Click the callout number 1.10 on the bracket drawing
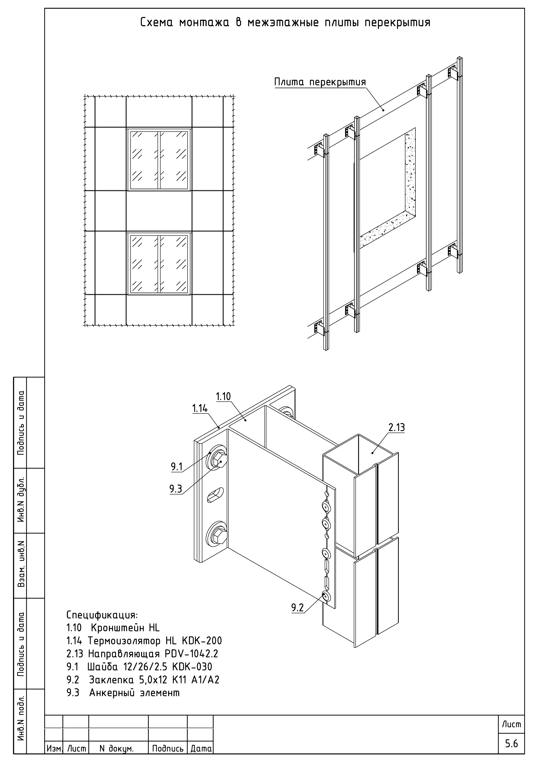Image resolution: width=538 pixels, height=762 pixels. (223, 396)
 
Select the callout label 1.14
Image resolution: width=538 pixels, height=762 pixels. (200, 408)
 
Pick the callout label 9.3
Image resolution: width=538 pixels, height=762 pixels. (176, 489)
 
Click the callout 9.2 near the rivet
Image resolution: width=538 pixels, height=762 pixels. (297, 607)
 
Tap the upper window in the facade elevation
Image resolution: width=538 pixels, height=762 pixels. (159, 160)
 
